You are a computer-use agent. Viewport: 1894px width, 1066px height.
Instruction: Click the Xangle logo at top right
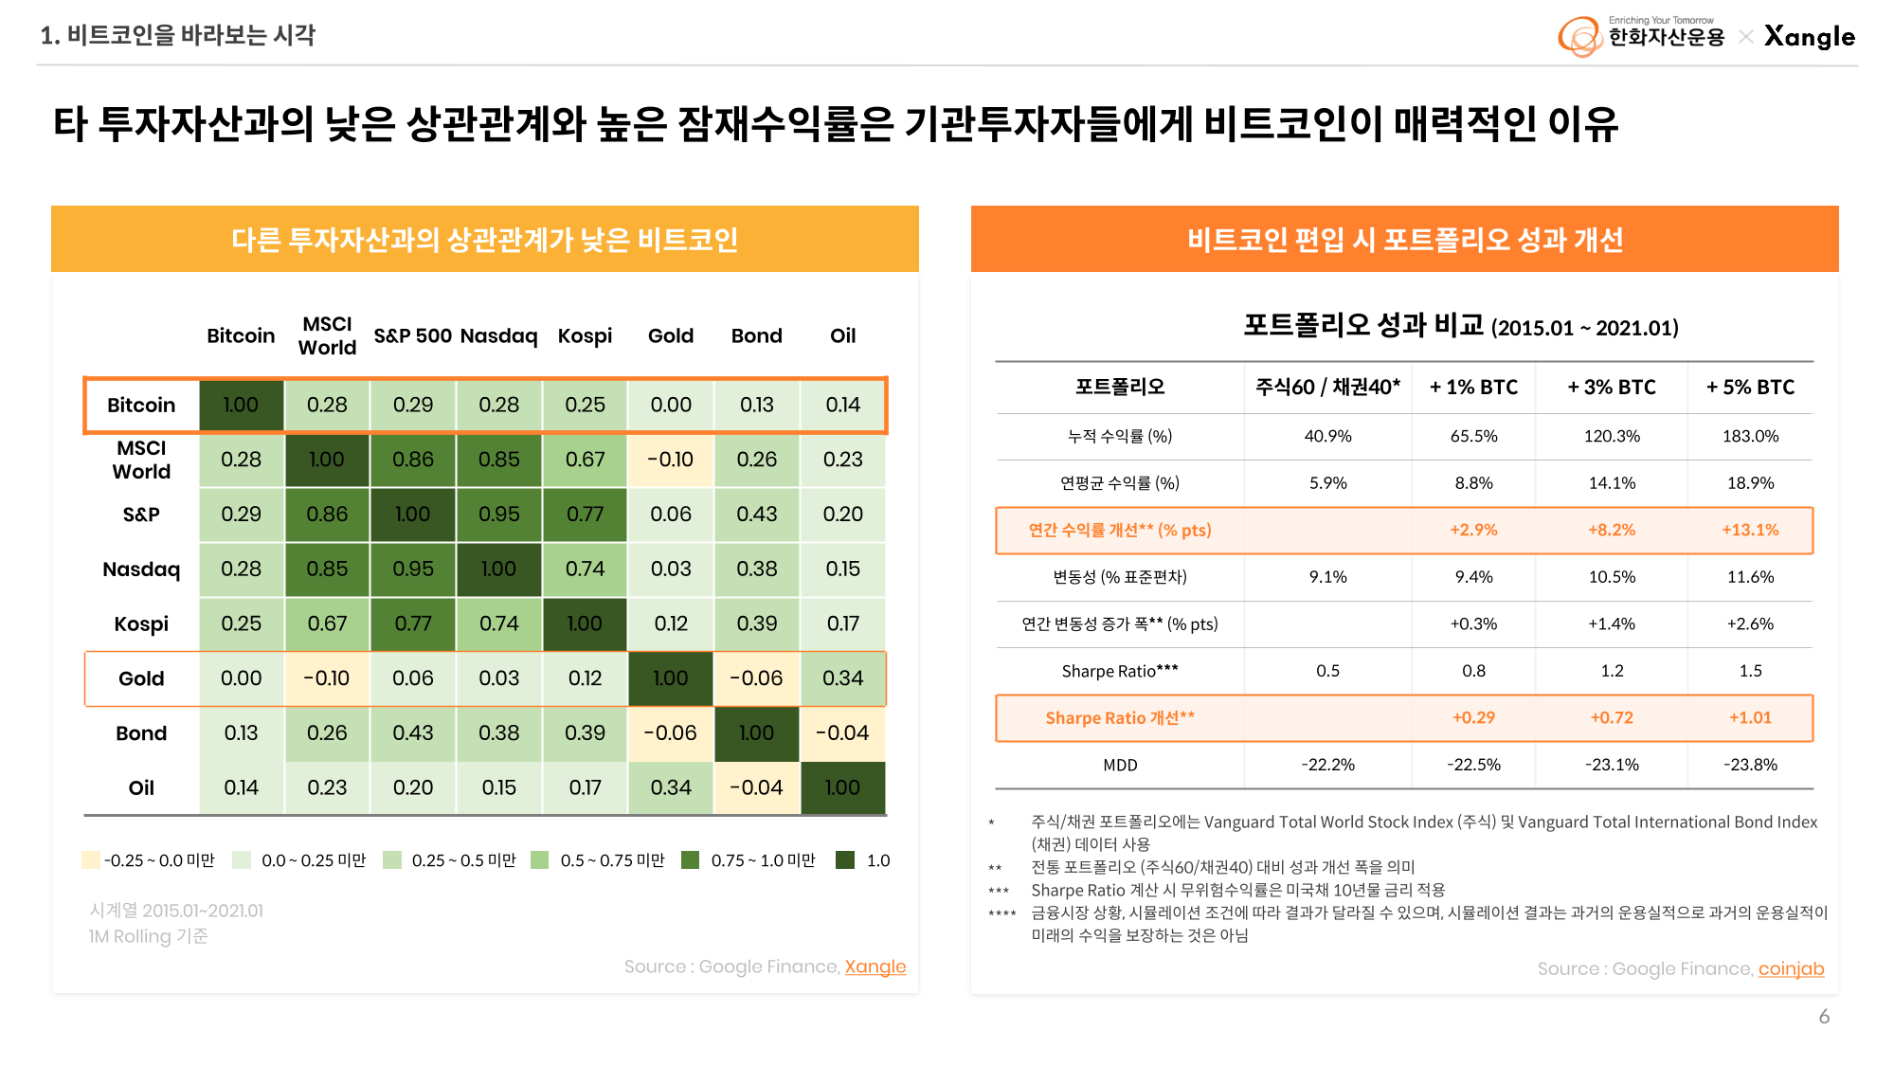click(x=1809, y=37)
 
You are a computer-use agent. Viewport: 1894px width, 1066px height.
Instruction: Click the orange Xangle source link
click(x=875, y=967)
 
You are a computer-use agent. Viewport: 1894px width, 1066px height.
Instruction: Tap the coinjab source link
click(x=1791, y=968)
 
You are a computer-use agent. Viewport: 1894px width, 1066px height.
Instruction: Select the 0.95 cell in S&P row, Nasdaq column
click(x=498, y=515)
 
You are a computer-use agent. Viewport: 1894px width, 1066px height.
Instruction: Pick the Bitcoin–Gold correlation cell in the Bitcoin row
click(x=671, y=406)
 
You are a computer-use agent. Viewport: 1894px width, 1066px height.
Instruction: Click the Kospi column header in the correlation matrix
click(x=585, y=336)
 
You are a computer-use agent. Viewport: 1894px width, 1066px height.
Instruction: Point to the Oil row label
click(x=141, y=788)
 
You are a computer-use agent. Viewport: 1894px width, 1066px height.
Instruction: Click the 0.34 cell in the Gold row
click(x=842, y=678)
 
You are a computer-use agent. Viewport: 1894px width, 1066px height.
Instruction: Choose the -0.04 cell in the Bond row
click(x=842, y=733)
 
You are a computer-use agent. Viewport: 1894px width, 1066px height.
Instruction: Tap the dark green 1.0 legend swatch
click(x=845, y=860)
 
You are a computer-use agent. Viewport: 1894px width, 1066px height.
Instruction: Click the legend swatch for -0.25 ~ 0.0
click(x=91, y=860)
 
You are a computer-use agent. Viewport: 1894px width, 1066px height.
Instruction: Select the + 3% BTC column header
click(x=1611, y=388)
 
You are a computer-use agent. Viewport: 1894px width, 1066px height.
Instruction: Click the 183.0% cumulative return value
click(x=1750, y=436)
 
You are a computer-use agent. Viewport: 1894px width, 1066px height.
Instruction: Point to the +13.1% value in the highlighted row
click(x=1750, y=531)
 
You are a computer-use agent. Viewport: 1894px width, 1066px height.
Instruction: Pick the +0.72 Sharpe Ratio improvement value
click(x=1611, y=718)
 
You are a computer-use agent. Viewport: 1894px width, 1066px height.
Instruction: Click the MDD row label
click(x=1120, y=766)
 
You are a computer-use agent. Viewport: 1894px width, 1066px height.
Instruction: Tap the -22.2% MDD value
click(x=1327, y=766)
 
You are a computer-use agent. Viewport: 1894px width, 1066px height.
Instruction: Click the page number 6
click(x=1824, y=1017)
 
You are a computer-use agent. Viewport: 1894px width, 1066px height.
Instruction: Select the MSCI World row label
click(x=141, y=461)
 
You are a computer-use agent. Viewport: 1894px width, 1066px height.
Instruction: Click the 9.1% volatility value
click(x=1327, y=577)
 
